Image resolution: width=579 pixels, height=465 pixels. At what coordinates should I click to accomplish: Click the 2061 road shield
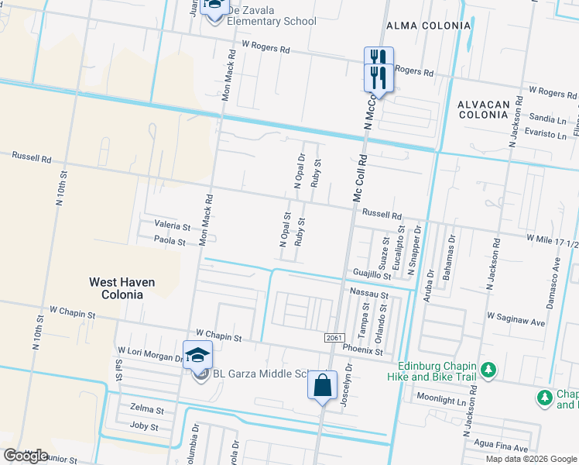(333, 336)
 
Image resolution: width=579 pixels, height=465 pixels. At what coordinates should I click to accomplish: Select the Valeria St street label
(172, 226)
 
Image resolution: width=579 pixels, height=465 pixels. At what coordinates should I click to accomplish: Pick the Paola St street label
(170, 242)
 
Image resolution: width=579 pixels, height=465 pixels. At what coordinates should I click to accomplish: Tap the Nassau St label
(368, 294)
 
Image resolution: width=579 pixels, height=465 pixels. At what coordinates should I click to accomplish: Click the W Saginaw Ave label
(516, 316)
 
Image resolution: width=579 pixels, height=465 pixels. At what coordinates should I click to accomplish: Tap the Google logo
(26, 455)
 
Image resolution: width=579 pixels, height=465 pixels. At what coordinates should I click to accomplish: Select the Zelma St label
(147, 409)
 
